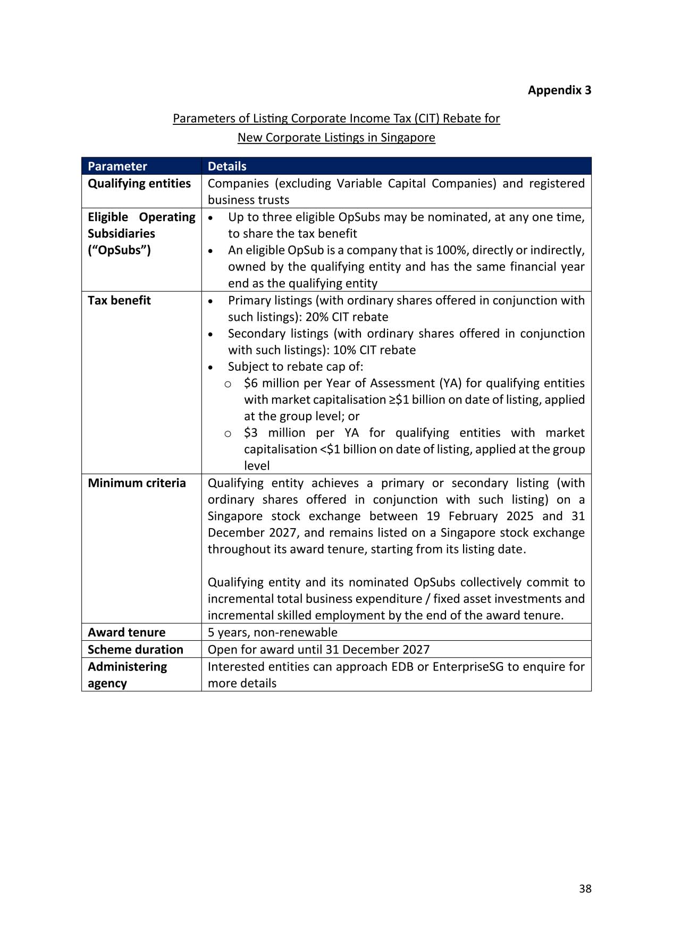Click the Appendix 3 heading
coord(559,90)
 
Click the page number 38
coord(585,889)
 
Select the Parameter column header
coord(117,166)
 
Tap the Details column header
coord(227,166)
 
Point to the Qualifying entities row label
coord(139,183)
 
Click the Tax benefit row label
coord(119,300)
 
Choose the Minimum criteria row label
coord(137,483)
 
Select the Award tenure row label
coord(127,632)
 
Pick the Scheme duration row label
coord(135,649)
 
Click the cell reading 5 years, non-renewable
coord(272,632)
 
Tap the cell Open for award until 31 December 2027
coord(318,649)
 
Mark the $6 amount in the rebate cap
coord(251,383)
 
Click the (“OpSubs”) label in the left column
coord(119,250)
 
